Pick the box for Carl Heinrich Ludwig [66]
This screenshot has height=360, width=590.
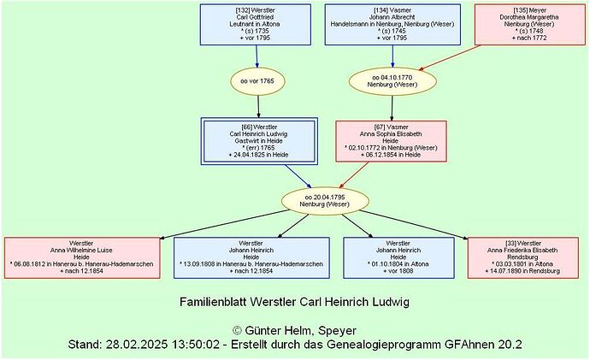[x=258, y=140]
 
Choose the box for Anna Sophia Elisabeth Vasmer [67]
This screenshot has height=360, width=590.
[x=392, y=140]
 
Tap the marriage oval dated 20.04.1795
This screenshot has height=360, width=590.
[x=325, y=200]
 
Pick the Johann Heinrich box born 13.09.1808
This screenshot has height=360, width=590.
[x=251, y=257]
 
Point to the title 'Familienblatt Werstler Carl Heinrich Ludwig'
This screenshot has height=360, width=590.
[x=295, y=303]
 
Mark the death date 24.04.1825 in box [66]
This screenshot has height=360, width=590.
[x=261, y=155]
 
